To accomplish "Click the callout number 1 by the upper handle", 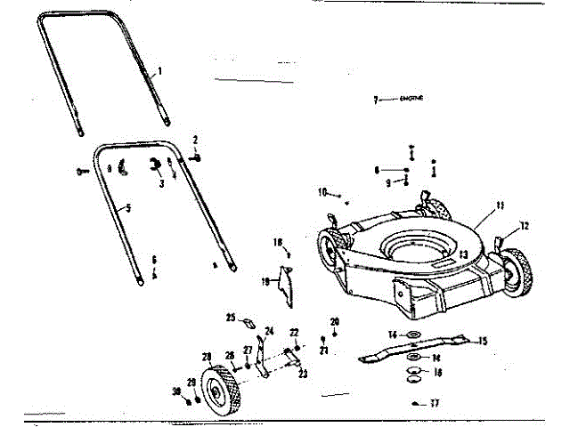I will (159, 70).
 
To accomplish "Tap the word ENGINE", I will (411, 99).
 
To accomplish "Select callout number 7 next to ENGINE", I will (376, 100).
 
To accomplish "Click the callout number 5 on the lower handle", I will (128, 208).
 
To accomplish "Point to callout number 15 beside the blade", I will (484, 340).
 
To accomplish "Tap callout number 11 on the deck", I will (500, 205).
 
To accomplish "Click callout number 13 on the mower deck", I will (463, 254).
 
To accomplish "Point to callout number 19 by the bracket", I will (265, 280).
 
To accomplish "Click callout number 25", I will (230, 318).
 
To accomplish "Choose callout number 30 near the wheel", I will (177, 392).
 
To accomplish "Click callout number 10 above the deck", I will (323, 190).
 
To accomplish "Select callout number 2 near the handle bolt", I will (195, 140).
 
